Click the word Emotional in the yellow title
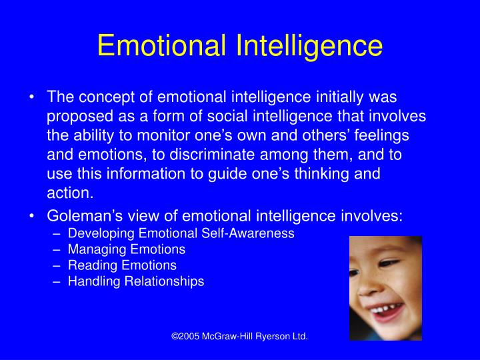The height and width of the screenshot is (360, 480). tap(162, 45)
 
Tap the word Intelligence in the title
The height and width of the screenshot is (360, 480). tap(309, 47)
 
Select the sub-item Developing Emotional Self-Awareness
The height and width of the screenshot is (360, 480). tap(181, 233)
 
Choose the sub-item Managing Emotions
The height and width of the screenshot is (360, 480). tap(127, 249)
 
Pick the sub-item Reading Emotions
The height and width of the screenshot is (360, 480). tap(122, 265)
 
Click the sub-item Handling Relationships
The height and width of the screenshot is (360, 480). tap(136, 281)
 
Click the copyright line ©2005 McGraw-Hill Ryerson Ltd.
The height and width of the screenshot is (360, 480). tap(240, 336)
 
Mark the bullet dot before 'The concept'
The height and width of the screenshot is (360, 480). tap(31, 97)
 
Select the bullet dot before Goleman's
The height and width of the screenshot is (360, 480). tap(31, 216)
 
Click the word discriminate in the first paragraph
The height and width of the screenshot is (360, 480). tap(212, 155)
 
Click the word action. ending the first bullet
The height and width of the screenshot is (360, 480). tap(70, 193)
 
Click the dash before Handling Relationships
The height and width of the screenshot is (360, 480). tap(56, 282)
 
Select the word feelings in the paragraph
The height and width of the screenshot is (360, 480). tap(381, 136)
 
